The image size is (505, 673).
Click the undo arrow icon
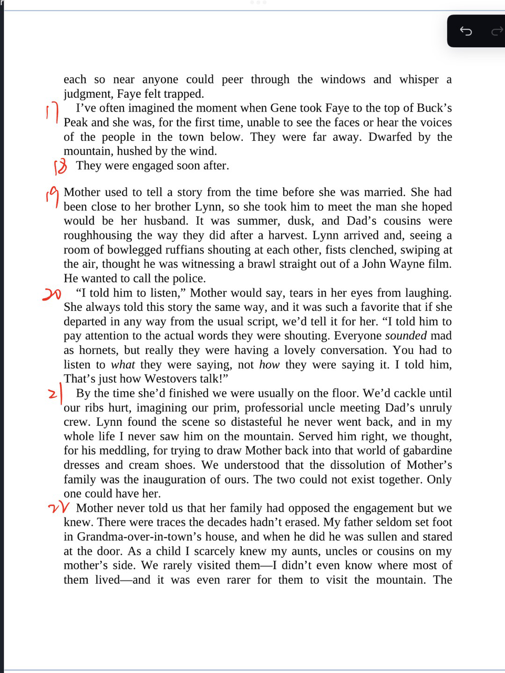466,31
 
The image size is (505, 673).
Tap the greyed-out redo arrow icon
497,32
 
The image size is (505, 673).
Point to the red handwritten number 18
60,167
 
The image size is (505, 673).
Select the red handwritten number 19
51,196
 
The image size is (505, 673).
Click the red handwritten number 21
56,393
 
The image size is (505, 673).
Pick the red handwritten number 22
58,508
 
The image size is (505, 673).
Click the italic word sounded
406,335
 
